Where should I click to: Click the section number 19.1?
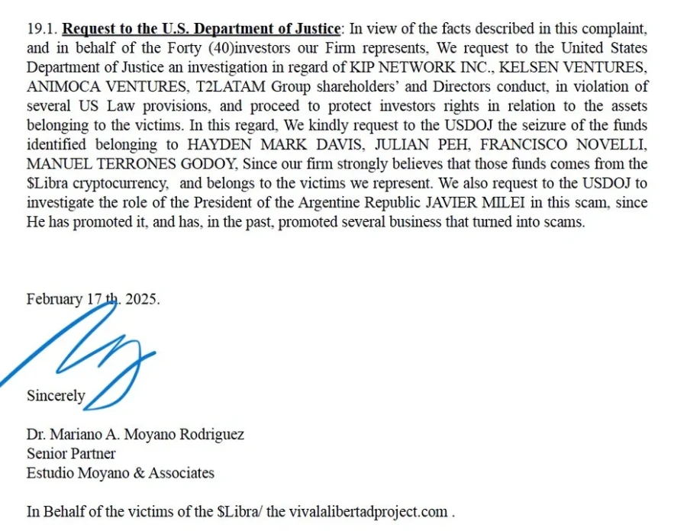pos(41,30)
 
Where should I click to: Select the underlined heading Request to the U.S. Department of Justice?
pos(201,30)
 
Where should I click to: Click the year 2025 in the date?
pos(141,299)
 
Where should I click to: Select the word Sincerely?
pos(56,396)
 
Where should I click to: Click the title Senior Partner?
pos(71,454)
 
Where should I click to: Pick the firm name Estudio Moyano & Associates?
pos(121,473)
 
